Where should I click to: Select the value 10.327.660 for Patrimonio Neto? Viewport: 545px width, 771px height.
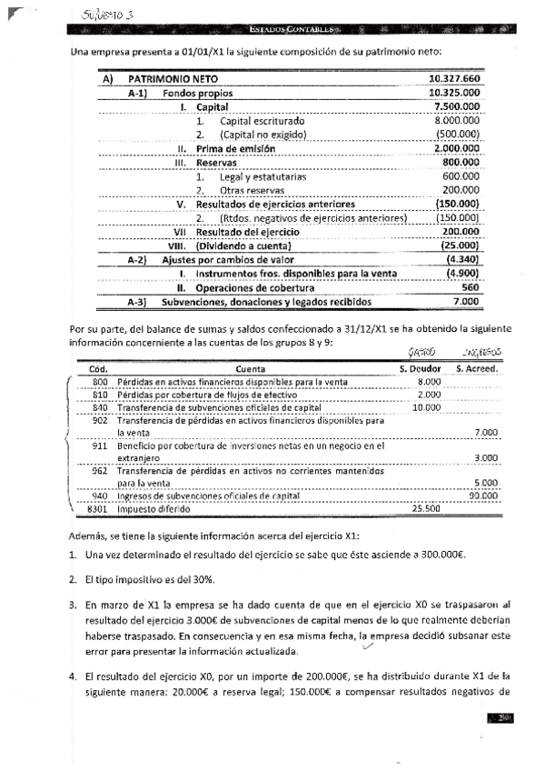tap(454, 80)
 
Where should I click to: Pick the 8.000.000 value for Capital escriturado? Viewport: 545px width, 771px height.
tap(458, 121)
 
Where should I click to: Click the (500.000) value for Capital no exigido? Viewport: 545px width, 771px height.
tap(458, 135)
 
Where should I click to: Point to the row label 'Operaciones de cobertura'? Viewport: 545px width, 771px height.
tap(250, 287)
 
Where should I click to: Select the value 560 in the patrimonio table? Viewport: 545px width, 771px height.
tap(470, 287)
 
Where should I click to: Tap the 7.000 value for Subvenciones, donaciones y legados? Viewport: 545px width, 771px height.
tap(466, 301)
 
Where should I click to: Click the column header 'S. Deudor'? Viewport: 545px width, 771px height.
tap(419, 368)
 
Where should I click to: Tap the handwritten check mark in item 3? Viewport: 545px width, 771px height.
tap(367, 646)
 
